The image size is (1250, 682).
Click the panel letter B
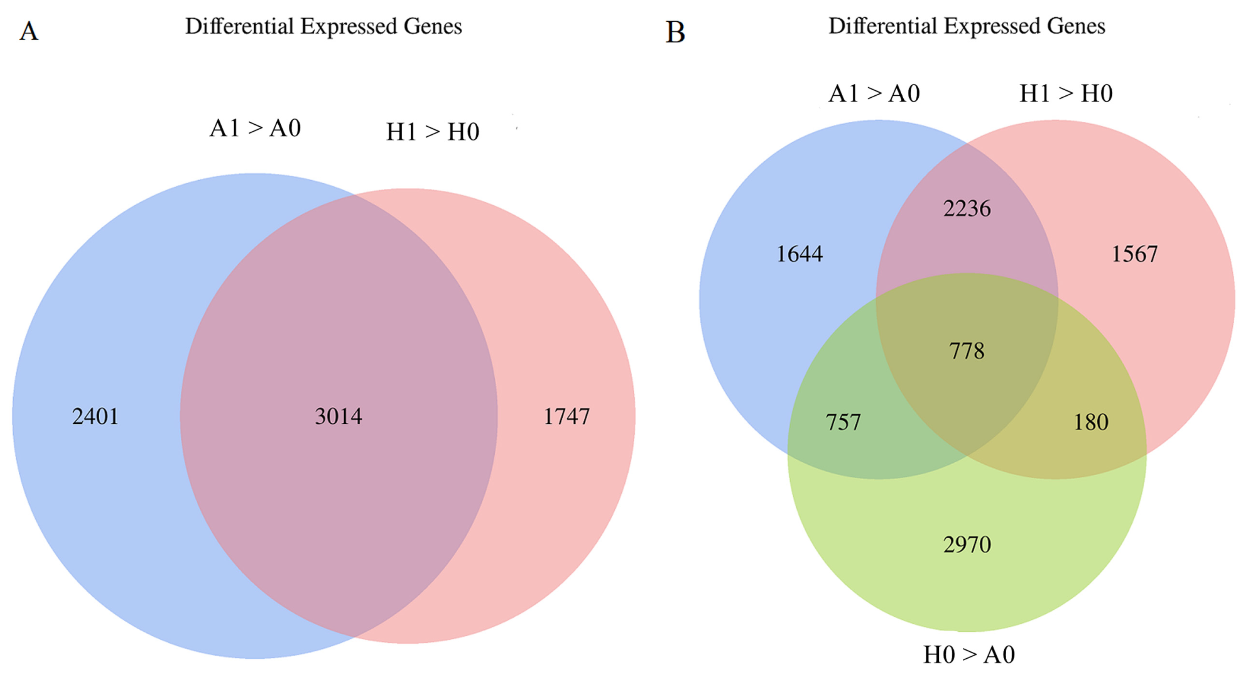[x=675, y=33]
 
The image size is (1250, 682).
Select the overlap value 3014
[x=338, y=416]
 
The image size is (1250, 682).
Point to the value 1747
[x=566, y=416]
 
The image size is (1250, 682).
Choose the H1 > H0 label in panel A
[x=432, y=132]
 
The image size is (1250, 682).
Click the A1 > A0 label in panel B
[x=874, y=93]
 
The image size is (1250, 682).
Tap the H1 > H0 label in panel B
[x=1066, y=93]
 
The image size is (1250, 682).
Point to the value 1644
[x=800, y=254]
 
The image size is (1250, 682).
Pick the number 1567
[x=1134, y=254]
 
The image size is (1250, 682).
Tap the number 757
[x=843, y=422]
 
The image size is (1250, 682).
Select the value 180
[x=1091, y=422]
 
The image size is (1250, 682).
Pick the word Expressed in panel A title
[x=348, y=27]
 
